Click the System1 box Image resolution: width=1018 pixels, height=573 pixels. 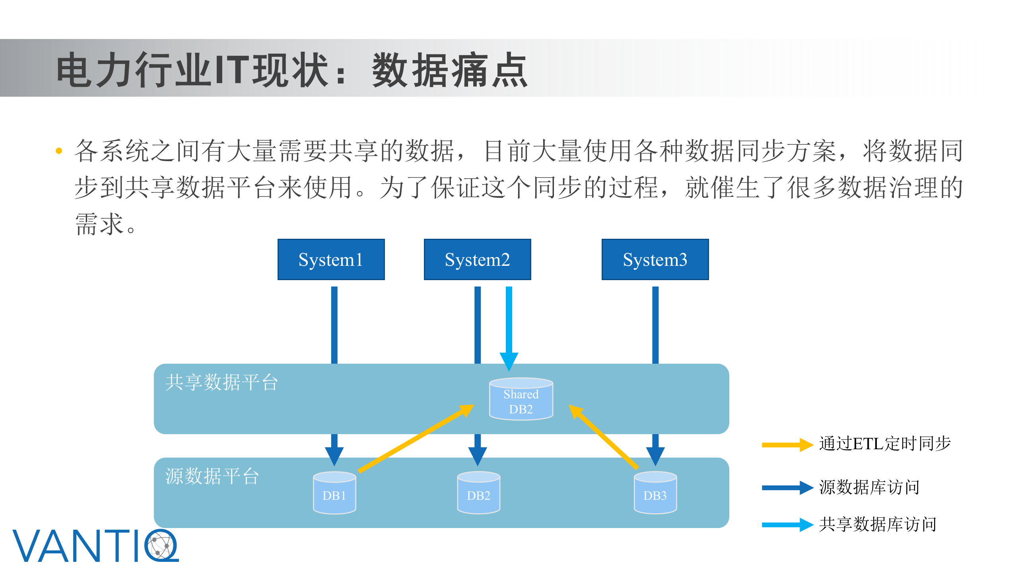(331, 259)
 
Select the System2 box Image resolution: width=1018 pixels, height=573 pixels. (477, 259)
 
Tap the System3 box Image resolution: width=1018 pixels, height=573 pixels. (655, 259)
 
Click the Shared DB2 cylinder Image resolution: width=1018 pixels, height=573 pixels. (521, 400)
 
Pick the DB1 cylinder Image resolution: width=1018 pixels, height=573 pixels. (334, 493)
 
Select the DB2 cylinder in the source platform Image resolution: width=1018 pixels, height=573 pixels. (478, 493)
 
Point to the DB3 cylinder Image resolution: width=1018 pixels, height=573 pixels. (655, 493)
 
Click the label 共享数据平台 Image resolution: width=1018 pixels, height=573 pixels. (221, 382)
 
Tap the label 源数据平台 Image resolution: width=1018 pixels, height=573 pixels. (212, 476)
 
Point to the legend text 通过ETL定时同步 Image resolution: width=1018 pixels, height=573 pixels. (885, 444)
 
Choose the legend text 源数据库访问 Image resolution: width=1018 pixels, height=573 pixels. (869, 487)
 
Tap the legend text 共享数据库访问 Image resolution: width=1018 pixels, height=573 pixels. (878, 524)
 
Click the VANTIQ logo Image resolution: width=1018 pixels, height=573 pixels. (95, 546)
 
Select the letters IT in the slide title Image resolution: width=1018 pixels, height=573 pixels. (232, 70)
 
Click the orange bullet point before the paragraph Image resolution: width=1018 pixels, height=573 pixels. (59, 151)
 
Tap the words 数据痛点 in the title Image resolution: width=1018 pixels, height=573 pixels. (449, 70)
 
